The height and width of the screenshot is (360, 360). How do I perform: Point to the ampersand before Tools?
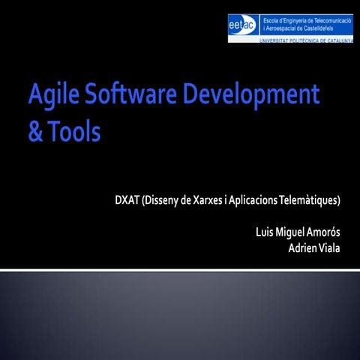pyautogui.click(x=35, y=131)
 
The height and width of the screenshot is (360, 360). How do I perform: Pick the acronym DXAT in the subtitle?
pyautogui.click(x=127, y=200)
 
